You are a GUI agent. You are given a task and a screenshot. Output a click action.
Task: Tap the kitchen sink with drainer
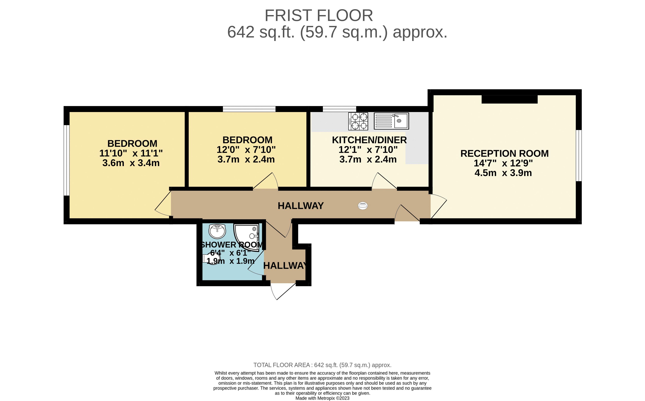[391, 121]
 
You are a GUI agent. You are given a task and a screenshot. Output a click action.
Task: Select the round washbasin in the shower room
[217, 231]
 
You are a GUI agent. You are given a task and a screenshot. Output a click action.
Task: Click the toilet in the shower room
[211, 258]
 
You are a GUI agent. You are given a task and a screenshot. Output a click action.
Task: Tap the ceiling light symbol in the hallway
[363, 206]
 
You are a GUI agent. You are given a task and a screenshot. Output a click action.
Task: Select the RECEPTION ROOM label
[504, 153]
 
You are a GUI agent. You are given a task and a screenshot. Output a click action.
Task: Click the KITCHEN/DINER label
[369, 140]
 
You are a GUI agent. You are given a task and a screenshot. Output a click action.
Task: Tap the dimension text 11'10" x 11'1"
[131, 153]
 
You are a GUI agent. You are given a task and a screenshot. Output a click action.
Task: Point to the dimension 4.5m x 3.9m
[503, 173]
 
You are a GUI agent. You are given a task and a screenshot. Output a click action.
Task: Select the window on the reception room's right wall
[578, 155]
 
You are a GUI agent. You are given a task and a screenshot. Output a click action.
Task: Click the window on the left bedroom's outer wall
[66, 160]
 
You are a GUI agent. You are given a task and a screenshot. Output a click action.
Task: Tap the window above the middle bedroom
[249, 109]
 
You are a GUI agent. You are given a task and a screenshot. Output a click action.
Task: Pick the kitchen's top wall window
[339, 109]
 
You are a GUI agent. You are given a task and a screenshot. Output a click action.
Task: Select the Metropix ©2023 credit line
[322, 398]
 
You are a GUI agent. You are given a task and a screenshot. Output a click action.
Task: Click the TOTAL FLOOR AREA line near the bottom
[322, 365]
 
